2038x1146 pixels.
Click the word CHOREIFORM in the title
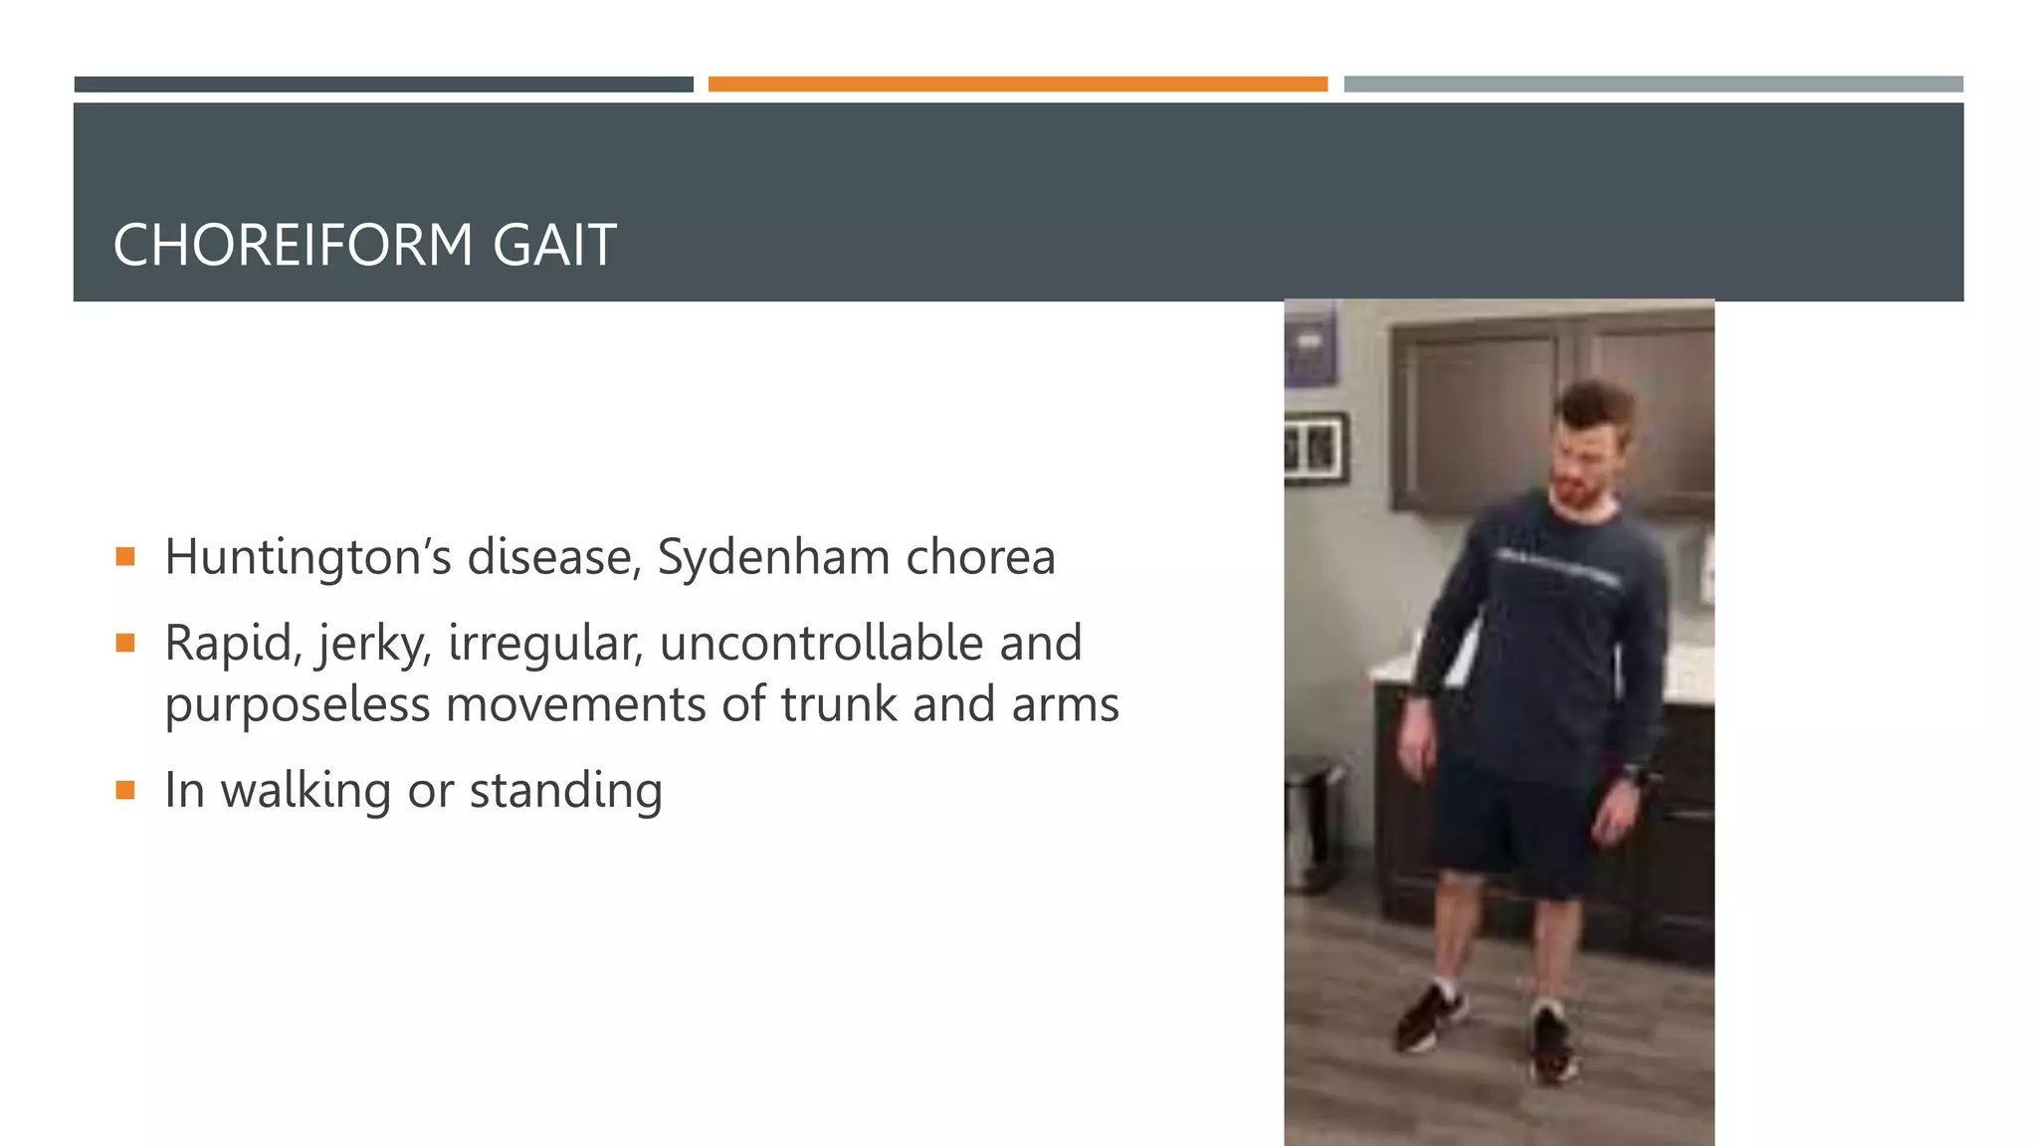coord(293,246)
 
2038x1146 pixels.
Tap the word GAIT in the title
coord(554,246)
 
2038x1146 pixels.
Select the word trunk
coord(839,704)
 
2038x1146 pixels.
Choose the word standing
coord(565,792)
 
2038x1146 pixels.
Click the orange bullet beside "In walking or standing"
coord(125,791)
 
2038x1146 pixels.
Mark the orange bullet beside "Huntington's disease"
coord(125,556)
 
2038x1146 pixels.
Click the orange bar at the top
coord(1017,85)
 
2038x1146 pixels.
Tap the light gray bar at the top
coord(1653,85)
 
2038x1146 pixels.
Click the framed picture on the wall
coord(1315,449)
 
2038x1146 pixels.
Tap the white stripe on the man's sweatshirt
coord(1557,568)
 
